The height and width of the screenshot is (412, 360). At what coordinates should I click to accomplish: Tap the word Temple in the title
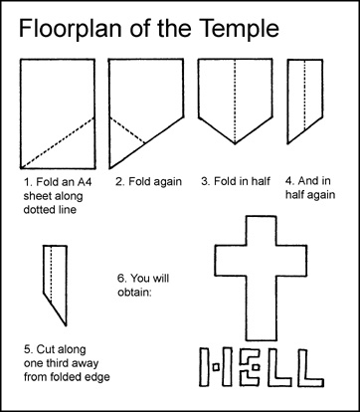click(241, 29)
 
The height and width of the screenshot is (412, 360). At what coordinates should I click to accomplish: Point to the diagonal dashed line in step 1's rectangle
click(58, 142)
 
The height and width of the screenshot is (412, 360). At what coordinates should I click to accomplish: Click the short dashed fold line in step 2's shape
click(127, 130)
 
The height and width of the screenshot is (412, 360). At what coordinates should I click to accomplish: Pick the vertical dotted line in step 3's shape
click(235, 102)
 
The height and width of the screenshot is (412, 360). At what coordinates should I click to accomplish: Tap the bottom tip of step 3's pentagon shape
click(235, 144)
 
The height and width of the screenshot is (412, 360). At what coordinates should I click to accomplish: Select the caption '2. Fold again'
click(149, 182)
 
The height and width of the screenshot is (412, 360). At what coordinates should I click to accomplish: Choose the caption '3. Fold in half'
click(236, 181)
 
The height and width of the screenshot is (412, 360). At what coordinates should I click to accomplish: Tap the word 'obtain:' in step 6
click(134, 292)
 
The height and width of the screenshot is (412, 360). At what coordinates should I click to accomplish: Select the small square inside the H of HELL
click(216, 367)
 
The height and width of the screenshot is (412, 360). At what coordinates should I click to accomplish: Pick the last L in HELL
click(310, 367)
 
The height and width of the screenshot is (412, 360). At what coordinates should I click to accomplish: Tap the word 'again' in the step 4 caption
click(321, 195)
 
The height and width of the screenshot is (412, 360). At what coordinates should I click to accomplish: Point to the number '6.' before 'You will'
click(121, 278)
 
